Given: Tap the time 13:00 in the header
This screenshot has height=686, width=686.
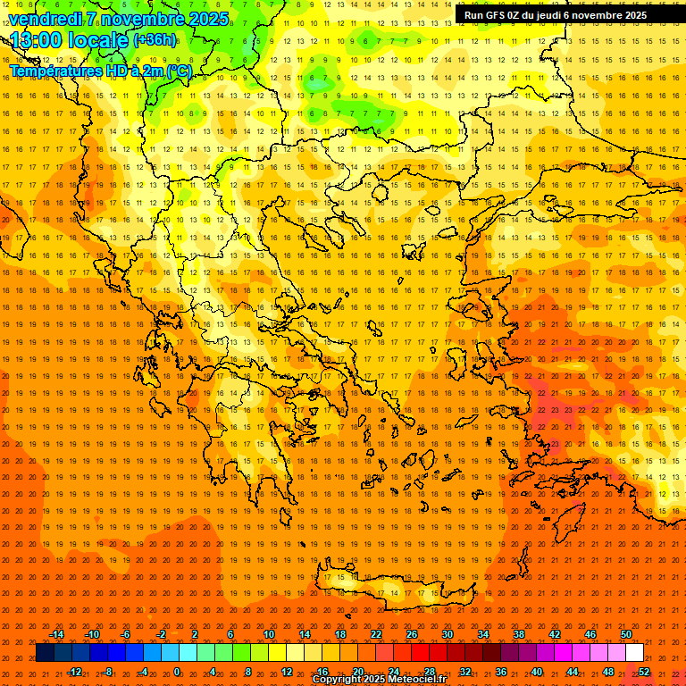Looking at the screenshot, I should coord(37,40).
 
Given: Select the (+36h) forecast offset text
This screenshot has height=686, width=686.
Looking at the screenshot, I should coord(155,40).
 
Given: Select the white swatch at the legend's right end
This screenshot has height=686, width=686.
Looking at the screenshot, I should coord(635,653).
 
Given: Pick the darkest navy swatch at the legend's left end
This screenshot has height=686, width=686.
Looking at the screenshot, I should coord(45,653).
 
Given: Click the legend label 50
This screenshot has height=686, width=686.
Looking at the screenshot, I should coord(626,634).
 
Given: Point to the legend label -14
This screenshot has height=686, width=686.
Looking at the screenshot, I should coord(56,634).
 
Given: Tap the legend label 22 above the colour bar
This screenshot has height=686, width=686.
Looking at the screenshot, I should coord(376,634).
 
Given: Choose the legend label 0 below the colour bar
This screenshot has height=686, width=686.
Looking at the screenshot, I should coord(177,672).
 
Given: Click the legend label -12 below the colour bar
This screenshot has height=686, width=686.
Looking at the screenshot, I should coord(74,672).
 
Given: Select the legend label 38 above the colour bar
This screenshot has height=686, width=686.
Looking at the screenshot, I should coord(519,634).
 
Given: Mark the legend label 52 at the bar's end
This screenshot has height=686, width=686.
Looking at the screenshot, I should coord(644,672).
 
